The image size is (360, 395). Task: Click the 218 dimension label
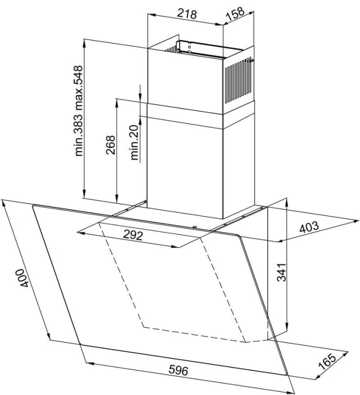tap(187, 14)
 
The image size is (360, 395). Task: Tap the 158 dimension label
tap(235, 14)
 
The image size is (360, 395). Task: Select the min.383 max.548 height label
tap(79, 111)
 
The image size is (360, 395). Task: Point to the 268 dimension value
tap(110, 145)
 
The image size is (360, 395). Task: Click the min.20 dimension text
tap(134, 143)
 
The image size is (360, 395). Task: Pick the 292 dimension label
tap(133, 235)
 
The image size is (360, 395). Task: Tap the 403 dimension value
tap(309, 226)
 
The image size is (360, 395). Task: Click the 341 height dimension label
tap(281, 272)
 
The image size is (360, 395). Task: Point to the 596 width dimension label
tap(179, 370)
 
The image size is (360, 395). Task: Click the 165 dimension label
tap(327, 361)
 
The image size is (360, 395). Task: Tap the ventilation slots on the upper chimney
tap(238, 81)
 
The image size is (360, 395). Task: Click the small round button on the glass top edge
tap(194, 226)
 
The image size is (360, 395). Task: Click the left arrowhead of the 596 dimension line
tap(90, 363)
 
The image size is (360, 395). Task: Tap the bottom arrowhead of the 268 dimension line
tap(116, 199)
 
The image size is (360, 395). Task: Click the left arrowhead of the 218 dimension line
tap(151, 15)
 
